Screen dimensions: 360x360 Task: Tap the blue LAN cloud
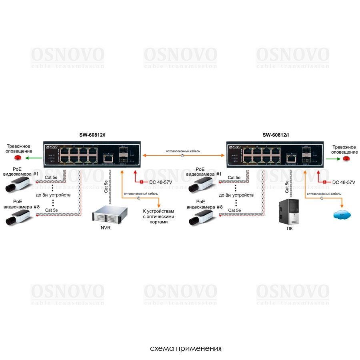click(342, 215)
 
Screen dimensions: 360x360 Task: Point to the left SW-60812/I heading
click(93, 135)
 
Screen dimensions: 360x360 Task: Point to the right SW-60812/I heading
click(276, 135)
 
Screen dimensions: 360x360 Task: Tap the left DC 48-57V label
click(160, 182)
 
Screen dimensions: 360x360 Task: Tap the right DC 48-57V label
click(344, 182)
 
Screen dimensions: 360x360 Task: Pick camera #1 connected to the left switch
click(18, 184)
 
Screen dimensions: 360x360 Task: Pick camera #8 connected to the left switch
click(18, 217)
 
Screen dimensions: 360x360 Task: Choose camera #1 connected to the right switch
click(202, 184)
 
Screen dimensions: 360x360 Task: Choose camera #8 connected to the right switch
click(202, 217)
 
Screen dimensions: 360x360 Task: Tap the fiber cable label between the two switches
click(183, 151)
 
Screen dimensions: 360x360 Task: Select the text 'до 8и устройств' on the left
click(53, 195)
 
